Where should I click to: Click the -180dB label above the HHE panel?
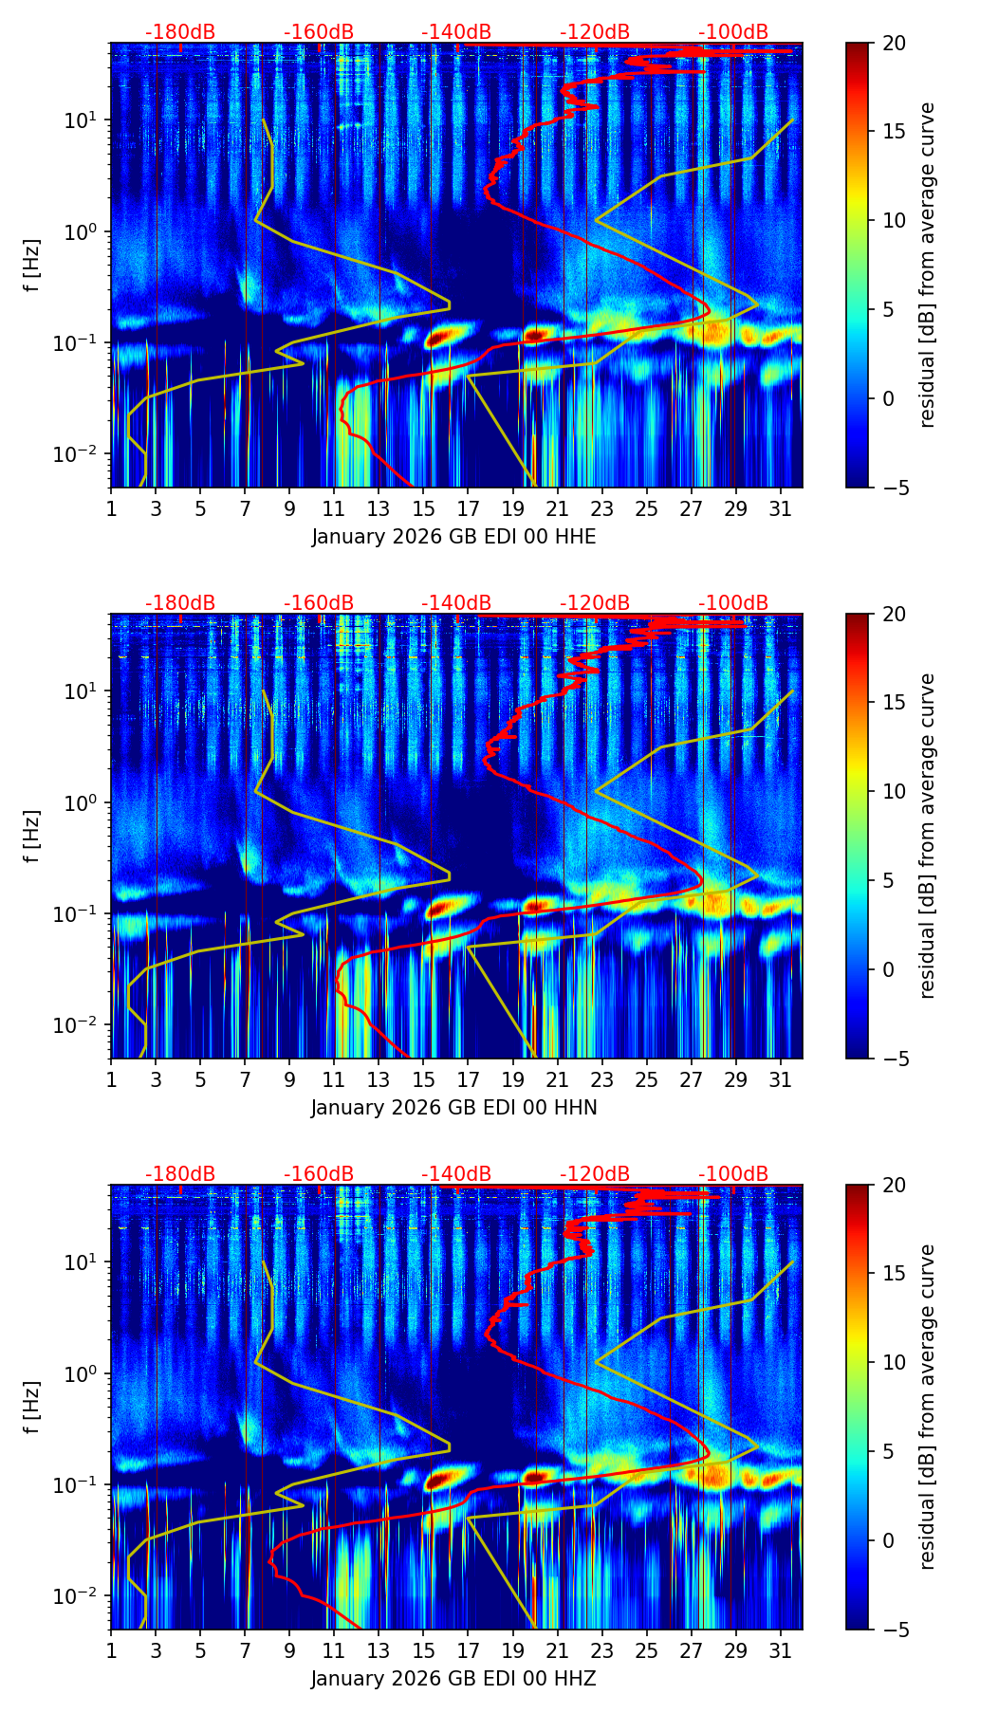(180, 32)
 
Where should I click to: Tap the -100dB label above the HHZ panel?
(733, 1174)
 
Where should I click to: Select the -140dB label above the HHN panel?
(456, 603)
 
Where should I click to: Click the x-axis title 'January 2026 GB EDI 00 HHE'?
(453, 537)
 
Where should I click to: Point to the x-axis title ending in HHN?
(453, 1108)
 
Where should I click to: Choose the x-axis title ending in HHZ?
(453, 1679)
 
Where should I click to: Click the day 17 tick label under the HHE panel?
(468, 507)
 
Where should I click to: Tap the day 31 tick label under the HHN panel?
(780, 1078)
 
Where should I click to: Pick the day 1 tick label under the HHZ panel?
(111, 1649)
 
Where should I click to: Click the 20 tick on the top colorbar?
(894, 44)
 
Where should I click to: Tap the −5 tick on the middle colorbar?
(894, 1058)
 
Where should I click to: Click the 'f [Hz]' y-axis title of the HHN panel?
(32, 836)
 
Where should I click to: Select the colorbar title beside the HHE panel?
(928, 265)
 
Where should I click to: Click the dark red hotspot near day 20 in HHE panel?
(535, 335)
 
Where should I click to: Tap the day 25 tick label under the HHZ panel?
(646, 1649)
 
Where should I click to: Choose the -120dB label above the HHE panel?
(595, 32)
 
